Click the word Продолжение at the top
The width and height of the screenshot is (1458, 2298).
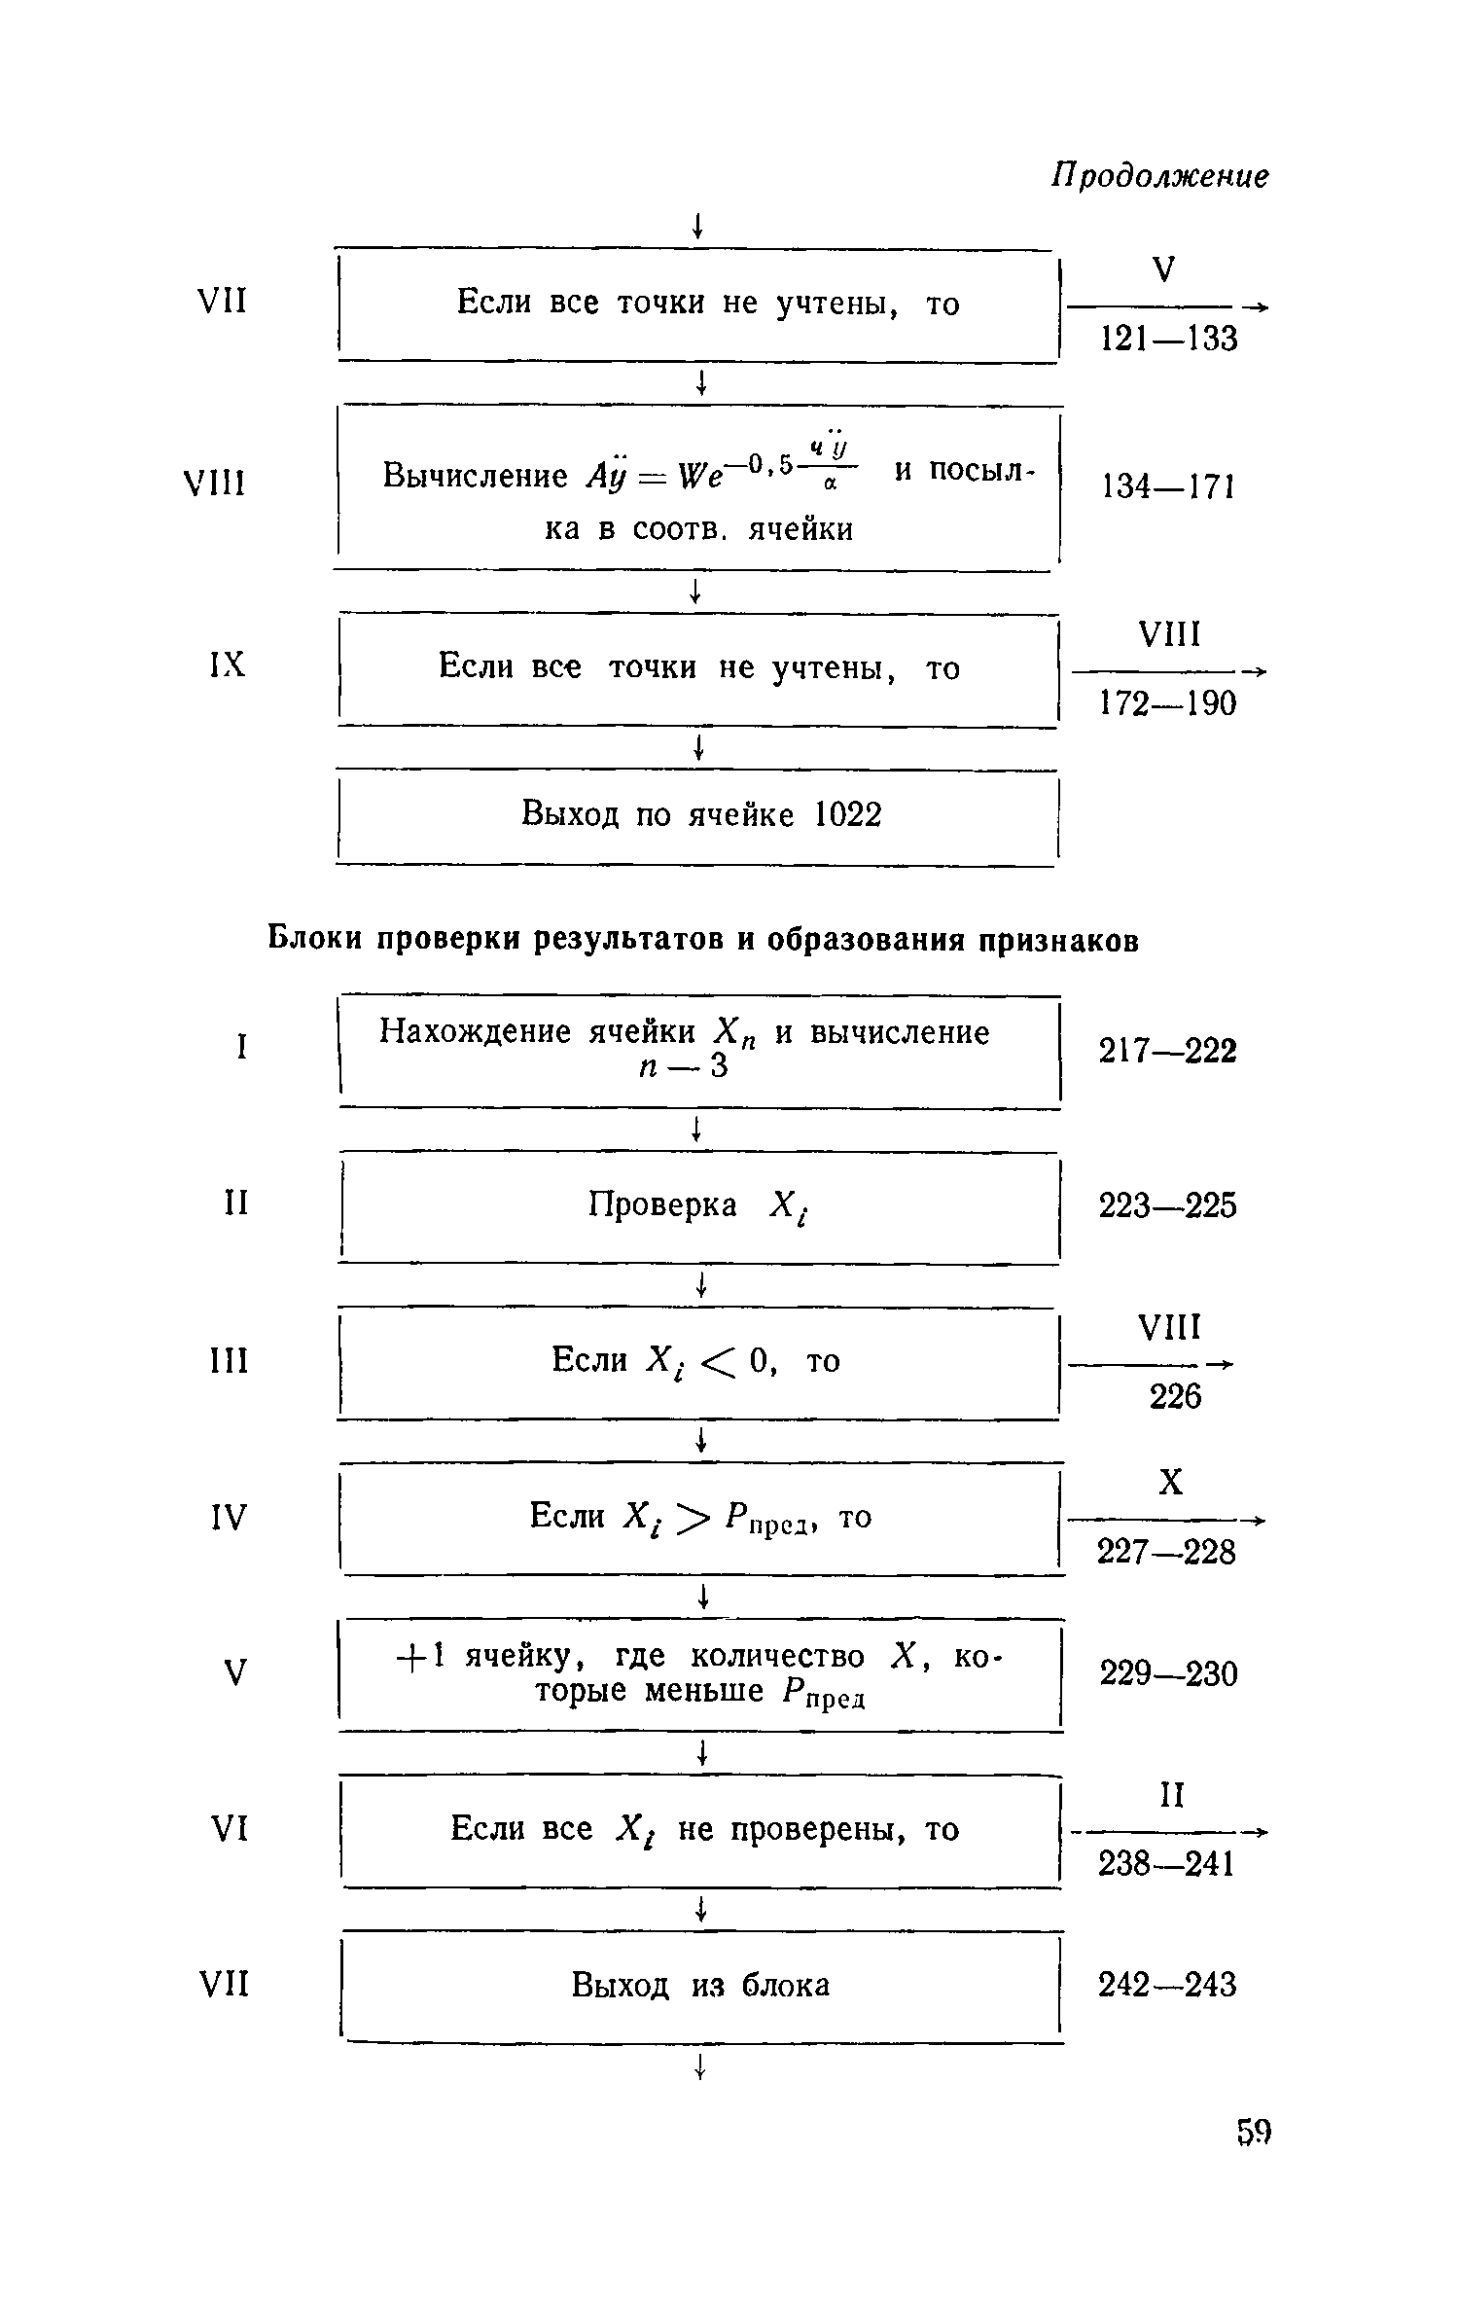pyautogui.click(x=1159, y=176)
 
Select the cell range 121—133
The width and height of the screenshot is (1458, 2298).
pyautogui.click(x=1168, y=339)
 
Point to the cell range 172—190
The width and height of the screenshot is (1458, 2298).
pyautogui.click(x=1167, y=702)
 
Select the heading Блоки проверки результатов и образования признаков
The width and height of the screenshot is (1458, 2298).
pyautogui.click(x=702, y=940)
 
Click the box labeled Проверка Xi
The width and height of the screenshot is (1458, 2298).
pyautogui.click(x=699, y=1206)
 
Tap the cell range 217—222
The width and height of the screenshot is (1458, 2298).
pyautogui.click(x=1167, y=1051)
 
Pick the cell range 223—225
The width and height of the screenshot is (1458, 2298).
pyautogui.click(x=1167, y=1206)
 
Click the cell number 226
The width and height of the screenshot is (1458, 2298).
pyautogui.click(x=1175, y=1397)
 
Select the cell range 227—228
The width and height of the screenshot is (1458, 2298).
pyautogui.click(x=1166, y=1551)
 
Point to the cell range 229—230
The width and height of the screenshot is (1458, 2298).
pyautogui.click(x=1168, y=1673)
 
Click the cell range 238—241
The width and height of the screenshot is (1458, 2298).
pyautogui.click(x=1166, y=1863)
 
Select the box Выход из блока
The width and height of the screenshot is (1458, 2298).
pyautogui.click(x=699, y=1985)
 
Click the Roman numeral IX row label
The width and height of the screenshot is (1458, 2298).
pyautogui.click(x=228, y=664)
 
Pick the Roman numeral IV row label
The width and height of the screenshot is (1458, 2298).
pyautogui.click(x=229, y=1517)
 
